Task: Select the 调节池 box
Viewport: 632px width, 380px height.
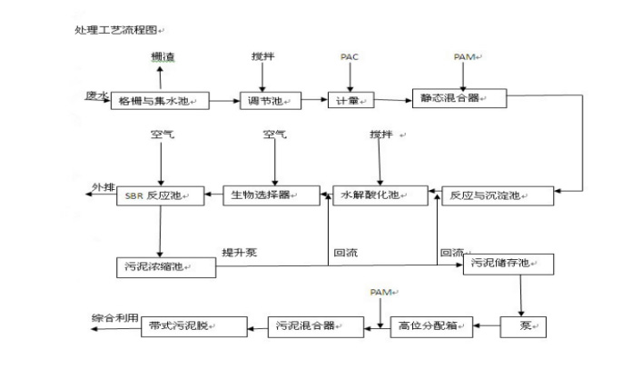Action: click(x=269, y=100)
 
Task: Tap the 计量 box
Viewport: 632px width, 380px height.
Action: click(x=350, y=100)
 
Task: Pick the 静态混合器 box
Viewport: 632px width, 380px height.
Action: click(x=458, y=96)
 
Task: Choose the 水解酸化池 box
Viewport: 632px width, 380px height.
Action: click(x=379, y=195)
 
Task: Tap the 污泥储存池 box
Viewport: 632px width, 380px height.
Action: click(x=509, y=265)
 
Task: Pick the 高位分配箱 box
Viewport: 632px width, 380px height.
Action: click(x=432, y=325)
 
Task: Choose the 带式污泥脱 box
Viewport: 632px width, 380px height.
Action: click(x=191, y=325)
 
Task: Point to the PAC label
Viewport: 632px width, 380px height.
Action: click(x=350, y=57)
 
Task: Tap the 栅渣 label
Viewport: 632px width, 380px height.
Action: click(x=163, y=57)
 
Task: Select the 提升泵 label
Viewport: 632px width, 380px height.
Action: click(x=240, y=252)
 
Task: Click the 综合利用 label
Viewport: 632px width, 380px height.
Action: click(x=115, y=318)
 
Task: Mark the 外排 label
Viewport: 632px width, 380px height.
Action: click(x=103, y=188)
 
